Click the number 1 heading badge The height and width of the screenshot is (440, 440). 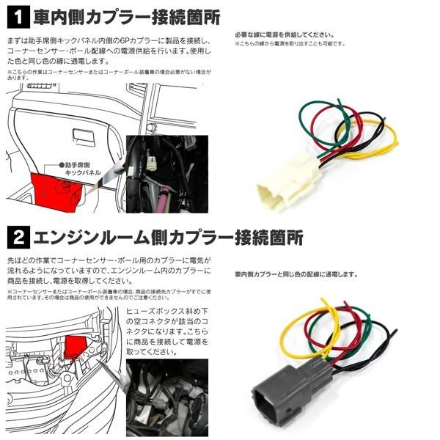(18, 14)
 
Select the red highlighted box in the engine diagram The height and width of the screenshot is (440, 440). (76, 345)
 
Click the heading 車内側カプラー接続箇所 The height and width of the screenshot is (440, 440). (132, 15)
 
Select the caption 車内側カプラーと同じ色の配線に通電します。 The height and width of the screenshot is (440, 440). (297, 274)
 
